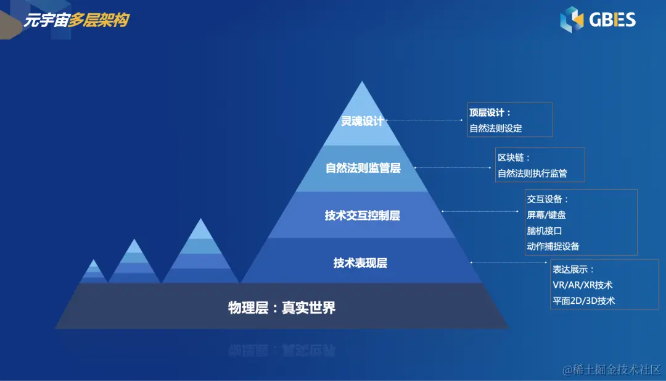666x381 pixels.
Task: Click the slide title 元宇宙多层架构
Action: coord(76,20)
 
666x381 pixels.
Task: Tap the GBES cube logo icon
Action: coord(571,19)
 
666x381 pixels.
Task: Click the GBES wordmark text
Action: coord(612,20)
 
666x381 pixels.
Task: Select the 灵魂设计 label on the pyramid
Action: coord(363,121)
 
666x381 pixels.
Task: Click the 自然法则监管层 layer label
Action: coord(363,167)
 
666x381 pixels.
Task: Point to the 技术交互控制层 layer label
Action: coord(363,216)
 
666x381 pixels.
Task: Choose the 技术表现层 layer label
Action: coord(361,263)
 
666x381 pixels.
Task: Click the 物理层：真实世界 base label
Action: coord(282,308)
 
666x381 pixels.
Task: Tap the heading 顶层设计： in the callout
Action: coord(490,113)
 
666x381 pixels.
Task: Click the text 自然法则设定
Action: coord(496,128)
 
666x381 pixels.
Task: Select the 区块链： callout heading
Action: coord(514,158)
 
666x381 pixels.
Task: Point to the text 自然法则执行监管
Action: coord(532,174)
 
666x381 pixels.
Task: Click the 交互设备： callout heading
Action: coord(548,199)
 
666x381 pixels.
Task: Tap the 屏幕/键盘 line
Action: coord(546,215)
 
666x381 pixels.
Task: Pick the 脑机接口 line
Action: coord(545,230)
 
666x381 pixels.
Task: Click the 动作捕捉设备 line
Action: coord(553,246)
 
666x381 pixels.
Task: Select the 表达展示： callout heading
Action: coord(573,270)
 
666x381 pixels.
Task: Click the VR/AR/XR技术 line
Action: coord(582,285)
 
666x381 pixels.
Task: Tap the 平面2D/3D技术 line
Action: coord(583,301)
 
